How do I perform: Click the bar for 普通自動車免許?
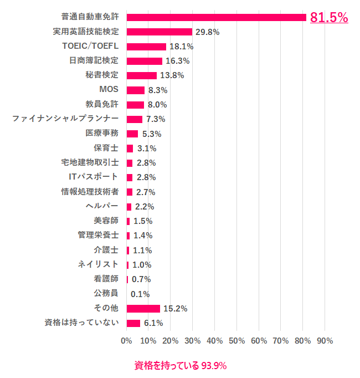tap(216, 17)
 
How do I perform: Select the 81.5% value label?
tap(328, 17)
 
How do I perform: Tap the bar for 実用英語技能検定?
tap(160, 32)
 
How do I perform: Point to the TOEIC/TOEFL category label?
tap(90, 46)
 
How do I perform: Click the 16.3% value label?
tap(177, 61)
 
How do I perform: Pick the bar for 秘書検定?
tap(142, 75)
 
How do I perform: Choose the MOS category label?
tap(109, 90)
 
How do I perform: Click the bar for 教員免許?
tap(135, 105)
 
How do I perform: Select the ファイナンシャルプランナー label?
tap(65, 119)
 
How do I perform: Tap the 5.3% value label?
tap(151, 134)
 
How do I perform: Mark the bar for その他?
tap(143, 309)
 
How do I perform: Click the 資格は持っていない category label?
tap(81, 323)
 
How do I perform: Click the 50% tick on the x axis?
tap(236, 340)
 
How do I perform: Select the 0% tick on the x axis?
tap(126, 340)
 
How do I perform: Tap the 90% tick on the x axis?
tap(324, 340)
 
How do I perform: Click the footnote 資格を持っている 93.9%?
tap(181, 366)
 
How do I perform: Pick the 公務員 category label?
tap(106, 294)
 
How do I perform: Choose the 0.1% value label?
tap(140, 294)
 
